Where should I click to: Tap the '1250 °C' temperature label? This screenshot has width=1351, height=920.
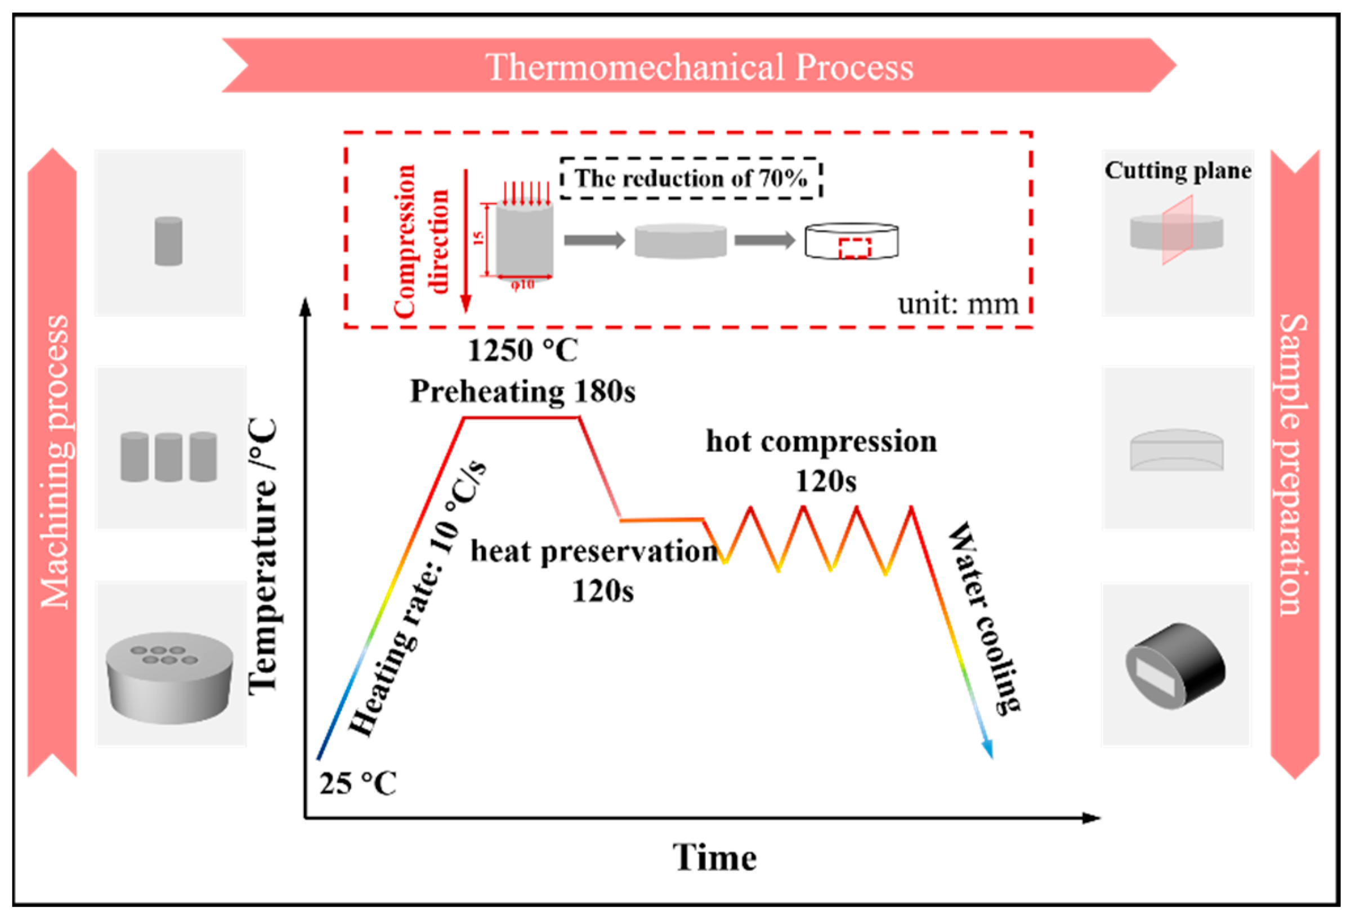click(522, 351)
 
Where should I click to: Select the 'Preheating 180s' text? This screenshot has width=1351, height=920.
click(522, 391)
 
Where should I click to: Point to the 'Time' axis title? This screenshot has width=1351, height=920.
click(714, 858)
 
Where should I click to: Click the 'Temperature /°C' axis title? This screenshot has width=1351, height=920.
click(262, 556)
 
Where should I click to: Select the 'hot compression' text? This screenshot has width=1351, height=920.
click(821, 441)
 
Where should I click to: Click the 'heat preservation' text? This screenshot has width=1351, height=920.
click(593, 551)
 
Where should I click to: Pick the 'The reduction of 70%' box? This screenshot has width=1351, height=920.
click(691, 178)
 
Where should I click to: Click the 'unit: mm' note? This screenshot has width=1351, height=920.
click(958, 303)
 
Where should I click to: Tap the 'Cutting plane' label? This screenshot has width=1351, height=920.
click(1178, 171)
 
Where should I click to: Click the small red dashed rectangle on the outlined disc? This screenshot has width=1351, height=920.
click(855, 248)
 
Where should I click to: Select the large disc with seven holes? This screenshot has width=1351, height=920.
click(169, 677)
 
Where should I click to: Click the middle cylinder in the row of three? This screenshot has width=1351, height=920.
click(168, 457)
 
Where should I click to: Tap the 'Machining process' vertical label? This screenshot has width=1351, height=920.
click(54, 462)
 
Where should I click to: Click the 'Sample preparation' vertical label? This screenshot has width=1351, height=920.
click(1294, 465)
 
